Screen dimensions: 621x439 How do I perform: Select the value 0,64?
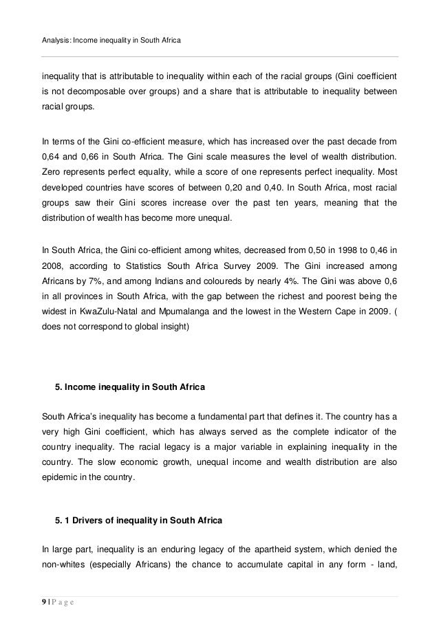[x=53, y=157]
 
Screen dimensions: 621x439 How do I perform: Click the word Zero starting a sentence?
[x=52, y=174]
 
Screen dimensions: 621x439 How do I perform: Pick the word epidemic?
[x=60, y=481]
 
